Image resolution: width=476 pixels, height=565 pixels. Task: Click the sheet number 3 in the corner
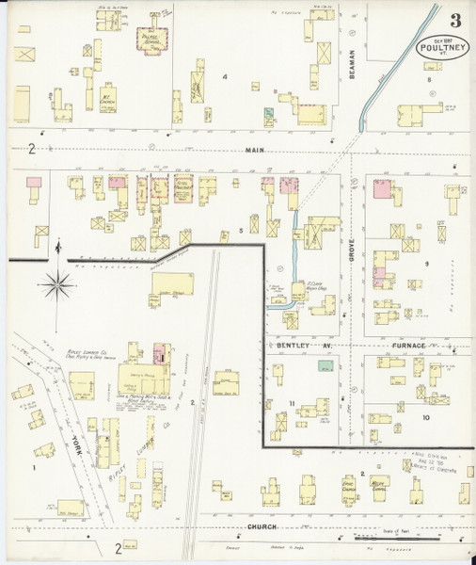(x=455, y=20)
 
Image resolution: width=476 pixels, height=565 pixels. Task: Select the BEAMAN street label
(x=350, y=63)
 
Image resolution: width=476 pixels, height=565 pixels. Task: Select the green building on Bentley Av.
(x=325, y=366)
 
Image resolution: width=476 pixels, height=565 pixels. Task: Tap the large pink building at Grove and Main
(x=382, y=188)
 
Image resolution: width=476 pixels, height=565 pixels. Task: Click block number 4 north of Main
(x=226, y=75)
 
